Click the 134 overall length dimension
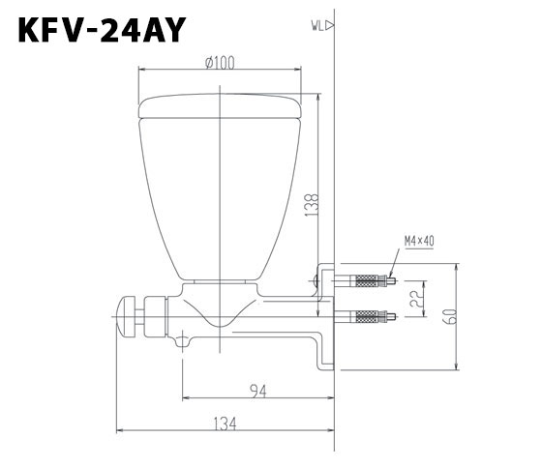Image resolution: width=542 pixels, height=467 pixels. [225, 423]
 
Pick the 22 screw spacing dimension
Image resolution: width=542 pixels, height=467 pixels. [415, 300]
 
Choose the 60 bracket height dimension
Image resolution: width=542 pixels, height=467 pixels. [451, 314]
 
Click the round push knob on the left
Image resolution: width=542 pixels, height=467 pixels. [125, 316]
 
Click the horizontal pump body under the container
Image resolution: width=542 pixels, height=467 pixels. [242, 324]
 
